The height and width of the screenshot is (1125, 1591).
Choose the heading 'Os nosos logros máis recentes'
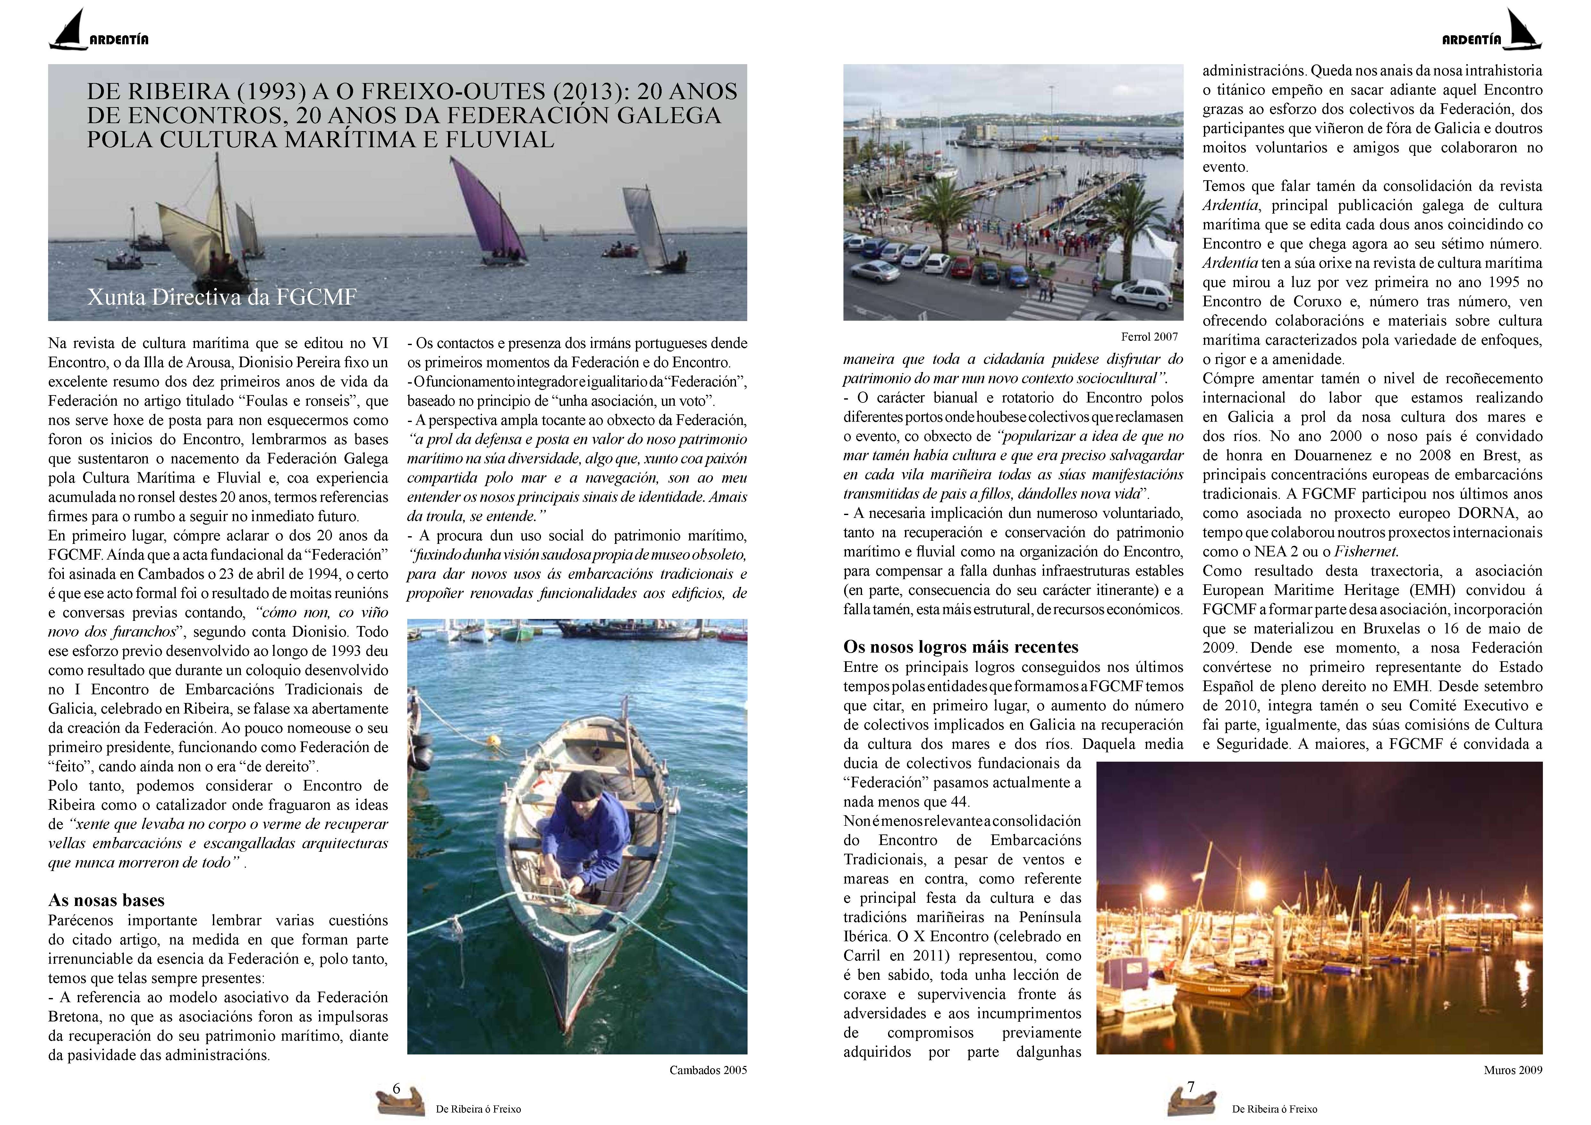pos(961,647)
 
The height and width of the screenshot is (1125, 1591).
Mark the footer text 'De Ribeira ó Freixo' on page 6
pos(478,1109)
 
